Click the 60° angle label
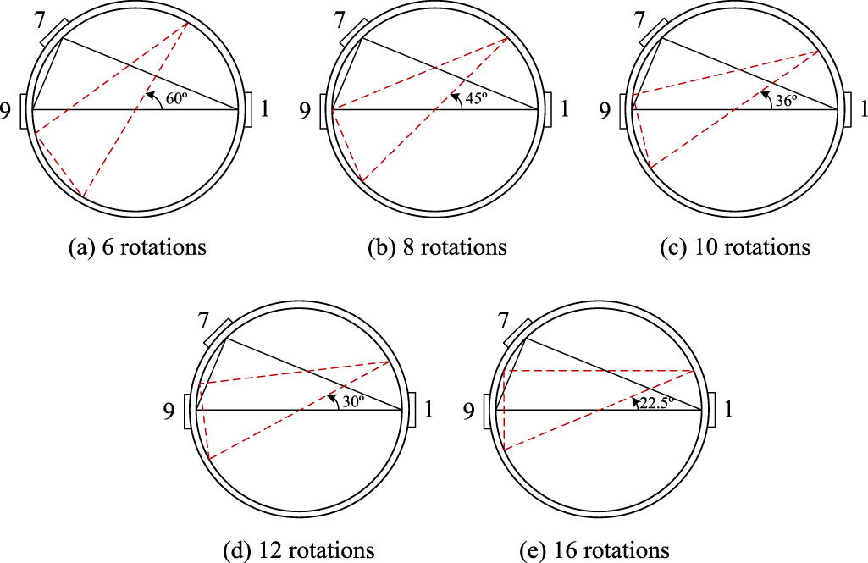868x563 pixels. [x=176, y=99]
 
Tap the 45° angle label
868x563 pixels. [x=475, y=98]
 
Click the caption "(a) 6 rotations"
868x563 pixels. [x=137, y=248]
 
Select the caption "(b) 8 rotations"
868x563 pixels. [x=437, y=248]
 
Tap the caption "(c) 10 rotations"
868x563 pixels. [x=735, y=248]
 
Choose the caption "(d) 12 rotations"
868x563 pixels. [x=298, y=550]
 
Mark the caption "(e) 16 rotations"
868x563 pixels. [x=594, y=550]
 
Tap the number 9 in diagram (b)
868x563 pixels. [x=306, y=110]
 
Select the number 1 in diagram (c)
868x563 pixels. [x=863, y=109]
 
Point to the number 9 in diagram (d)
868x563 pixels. [x=170, y=412]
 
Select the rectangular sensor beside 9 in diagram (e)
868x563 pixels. [x=488, y=411]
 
